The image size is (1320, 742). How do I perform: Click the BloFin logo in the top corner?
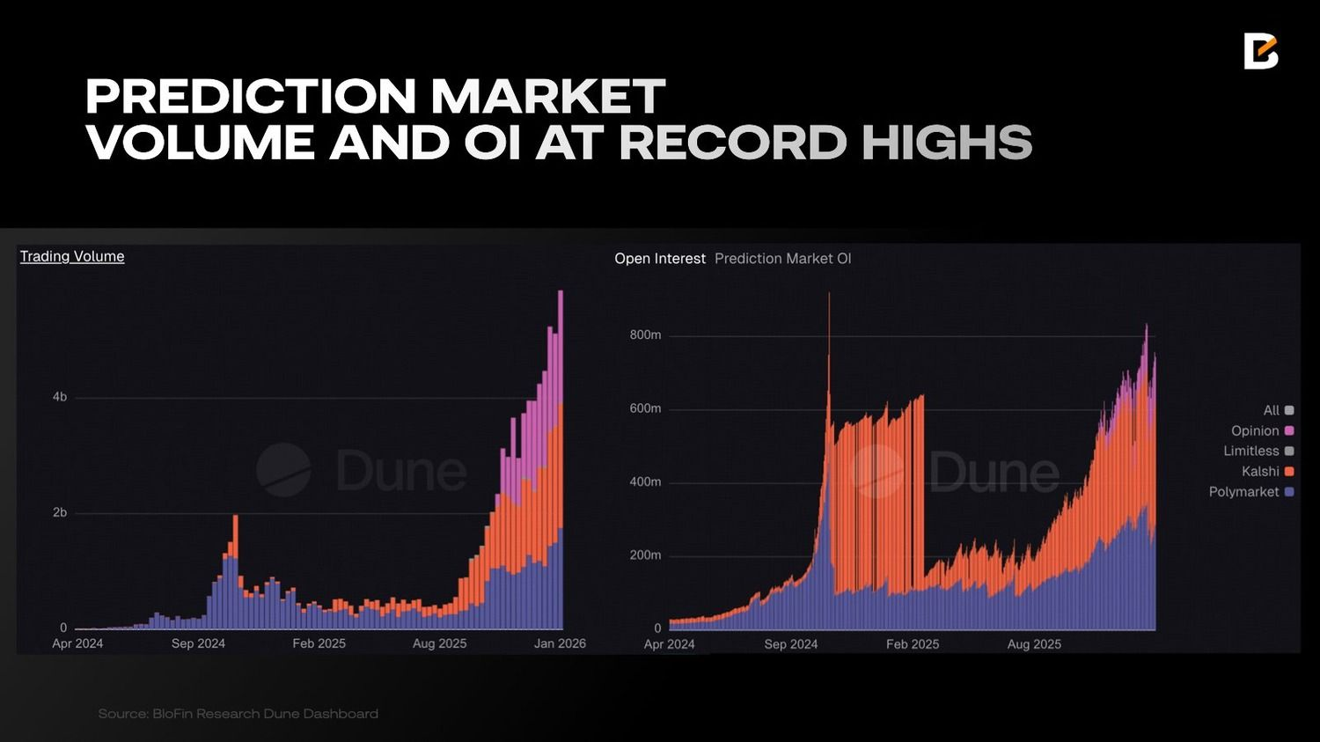coord(1260,52)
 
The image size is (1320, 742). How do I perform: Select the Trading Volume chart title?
coord(72,256)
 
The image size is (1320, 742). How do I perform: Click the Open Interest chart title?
coord(659,259)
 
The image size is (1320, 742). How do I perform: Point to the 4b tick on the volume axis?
coord(60,397)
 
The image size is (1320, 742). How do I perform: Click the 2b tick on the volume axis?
coord(60,512)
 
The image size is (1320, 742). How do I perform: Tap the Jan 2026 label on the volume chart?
coord(560,643)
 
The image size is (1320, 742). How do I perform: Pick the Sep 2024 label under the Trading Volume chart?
coord(198,643)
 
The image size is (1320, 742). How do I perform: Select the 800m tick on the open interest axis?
coord(645,335)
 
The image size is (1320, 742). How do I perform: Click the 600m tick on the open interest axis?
coord(645,408)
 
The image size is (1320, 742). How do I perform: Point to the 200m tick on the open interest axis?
coord(645,555)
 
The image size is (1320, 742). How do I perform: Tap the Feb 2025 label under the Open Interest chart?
coord(913,644)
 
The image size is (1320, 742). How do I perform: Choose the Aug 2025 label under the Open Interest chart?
coord(1034,644)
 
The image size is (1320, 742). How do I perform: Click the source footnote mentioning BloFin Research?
coord(238,714)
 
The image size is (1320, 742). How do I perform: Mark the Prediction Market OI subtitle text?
coord(782,259)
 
